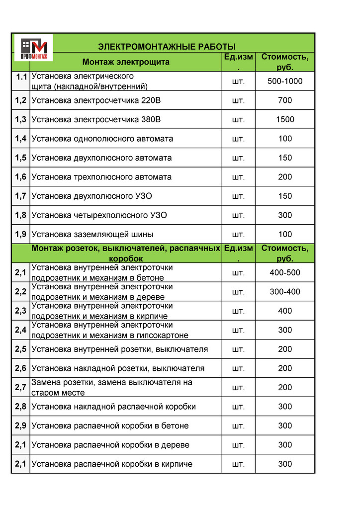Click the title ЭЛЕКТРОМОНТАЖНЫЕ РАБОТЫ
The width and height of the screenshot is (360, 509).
167,47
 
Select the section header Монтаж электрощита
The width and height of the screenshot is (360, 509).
126,62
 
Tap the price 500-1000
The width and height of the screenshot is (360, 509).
285,81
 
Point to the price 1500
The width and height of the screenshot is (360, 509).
285,119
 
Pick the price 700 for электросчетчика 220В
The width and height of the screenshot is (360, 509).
285,100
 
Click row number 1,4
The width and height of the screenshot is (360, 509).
20,139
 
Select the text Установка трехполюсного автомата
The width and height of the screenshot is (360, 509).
101,177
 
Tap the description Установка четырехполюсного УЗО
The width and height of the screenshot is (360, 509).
99,215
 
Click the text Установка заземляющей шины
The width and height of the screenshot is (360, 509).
92,234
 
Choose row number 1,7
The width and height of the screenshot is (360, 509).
20,196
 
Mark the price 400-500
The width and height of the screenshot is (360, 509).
285,272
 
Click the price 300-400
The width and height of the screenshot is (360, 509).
285,292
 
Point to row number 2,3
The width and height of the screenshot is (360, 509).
20,311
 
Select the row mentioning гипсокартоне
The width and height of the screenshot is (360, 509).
109,330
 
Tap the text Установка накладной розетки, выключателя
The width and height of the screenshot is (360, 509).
118,368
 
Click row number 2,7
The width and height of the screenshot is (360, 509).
20,387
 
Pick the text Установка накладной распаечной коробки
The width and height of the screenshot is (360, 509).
113,407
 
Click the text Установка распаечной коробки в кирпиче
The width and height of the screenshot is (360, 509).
112,464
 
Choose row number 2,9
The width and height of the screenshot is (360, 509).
20,426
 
